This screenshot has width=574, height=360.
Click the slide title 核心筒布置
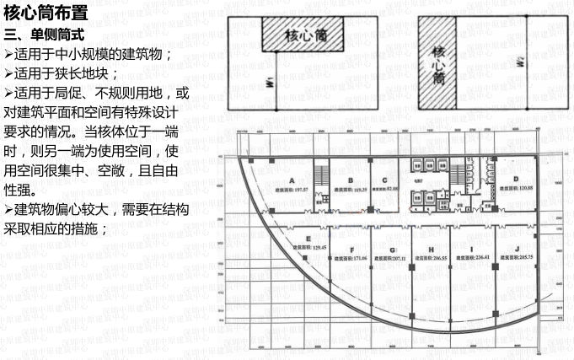46,13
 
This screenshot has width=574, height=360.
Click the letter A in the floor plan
291,180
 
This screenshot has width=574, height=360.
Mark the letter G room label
392,250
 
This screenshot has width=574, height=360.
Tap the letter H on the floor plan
433,250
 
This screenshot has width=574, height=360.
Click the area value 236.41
479,257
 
